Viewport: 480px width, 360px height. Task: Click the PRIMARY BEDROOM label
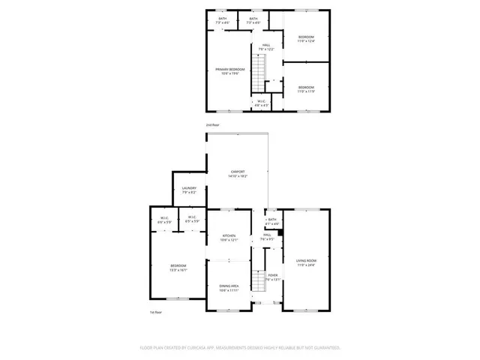click(229, 69)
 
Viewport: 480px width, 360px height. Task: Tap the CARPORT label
click(238, 172)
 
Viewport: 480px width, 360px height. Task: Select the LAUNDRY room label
click(189, 188)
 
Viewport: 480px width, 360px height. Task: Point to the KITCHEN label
click(229, 235)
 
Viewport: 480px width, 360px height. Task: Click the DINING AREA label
click(229, 286)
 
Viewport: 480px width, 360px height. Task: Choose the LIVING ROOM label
click(305, 260)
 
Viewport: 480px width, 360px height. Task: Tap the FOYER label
click(273, 275)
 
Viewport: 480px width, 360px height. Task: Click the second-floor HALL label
click(265, 45)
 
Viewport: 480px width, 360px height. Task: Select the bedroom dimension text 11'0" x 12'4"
click(306, 41)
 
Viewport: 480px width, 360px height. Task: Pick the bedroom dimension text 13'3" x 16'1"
click(178, 270)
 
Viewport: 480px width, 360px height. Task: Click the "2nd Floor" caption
click(213, 124)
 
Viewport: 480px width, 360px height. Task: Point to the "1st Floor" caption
click(156, 312)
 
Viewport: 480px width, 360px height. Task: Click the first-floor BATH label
click(272, 220)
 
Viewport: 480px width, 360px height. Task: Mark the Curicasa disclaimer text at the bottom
click(240, 348)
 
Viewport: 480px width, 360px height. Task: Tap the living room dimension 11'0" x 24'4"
click(305, 265)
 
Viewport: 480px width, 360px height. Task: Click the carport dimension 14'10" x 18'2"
click(238, 176)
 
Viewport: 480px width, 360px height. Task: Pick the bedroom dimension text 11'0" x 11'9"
click(306, 91)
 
